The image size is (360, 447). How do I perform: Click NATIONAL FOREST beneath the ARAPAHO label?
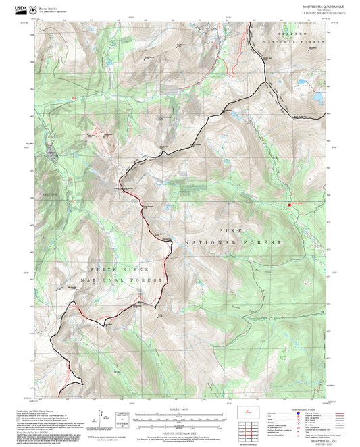click(293, 42)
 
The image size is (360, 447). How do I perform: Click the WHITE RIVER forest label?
click(97, 268)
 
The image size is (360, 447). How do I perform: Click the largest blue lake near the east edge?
click(315, 106)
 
